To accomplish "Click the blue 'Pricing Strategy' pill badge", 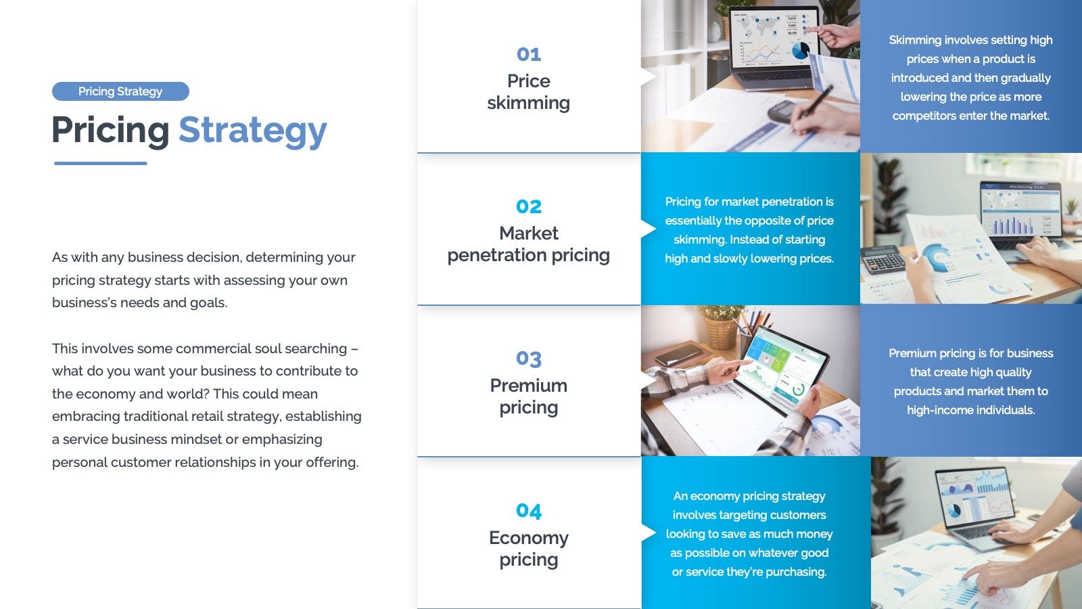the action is point(120,91).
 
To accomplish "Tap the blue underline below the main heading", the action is point(101,163).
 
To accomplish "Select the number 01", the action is point(528,54).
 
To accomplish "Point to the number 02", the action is point(528,206).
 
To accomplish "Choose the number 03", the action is point(528,359).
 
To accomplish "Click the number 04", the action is point(528,511).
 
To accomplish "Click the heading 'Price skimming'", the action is point(528,92).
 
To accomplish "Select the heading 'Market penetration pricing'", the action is point(528,244).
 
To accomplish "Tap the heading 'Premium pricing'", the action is point(528,397).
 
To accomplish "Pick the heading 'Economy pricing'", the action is point(528,549).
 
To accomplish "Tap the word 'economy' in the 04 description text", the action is point(715,497).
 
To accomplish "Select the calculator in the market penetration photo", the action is point(883,262).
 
